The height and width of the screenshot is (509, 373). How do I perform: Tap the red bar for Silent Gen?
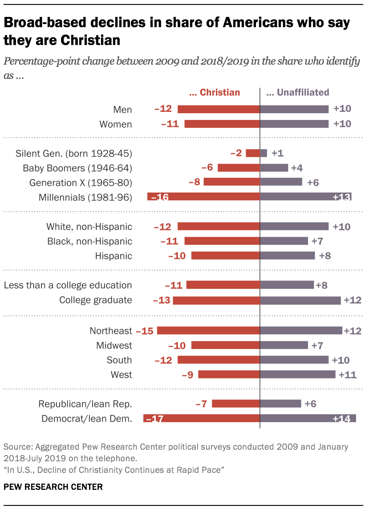[x=253, y=153]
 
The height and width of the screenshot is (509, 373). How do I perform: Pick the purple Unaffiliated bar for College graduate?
[x=300, y=300]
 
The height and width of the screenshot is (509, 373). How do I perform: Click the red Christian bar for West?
[x=229, y=374]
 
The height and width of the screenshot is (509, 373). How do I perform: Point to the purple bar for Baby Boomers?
[x=274, y=168]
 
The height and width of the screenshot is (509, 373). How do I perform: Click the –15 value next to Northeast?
[x=145, y=331]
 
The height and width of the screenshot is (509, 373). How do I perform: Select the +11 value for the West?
[x=348, y=374]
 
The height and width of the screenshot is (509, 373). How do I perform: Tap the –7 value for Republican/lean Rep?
[x=202, y=404]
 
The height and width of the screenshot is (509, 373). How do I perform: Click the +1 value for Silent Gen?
[x=277, y=153]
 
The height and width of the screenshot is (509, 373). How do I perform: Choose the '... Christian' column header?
[x=215, y=93]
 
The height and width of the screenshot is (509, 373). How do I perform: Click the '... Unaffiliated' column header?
[x=297, y=93]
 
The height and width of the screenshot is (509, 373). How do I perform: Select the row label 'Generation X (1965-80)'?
[x=81, y=183]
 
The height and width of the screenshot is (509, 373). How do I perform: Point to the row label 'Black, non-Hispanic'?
[x=89, y=241]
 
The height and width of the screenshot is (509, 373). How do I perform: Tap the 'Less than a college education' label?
[x=68, y=285]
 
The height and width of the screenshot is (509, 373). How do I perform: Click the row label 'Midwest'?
[x=114, y=345]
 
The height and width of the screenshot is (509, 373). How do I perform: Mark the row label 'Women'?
[x=115, y=124]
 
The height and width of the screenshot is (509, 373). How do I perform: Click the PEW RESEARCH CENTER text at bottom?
[x=53, y=487]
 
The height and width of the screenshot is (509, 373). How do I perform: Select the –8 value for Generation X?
[x=195, y=182]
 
